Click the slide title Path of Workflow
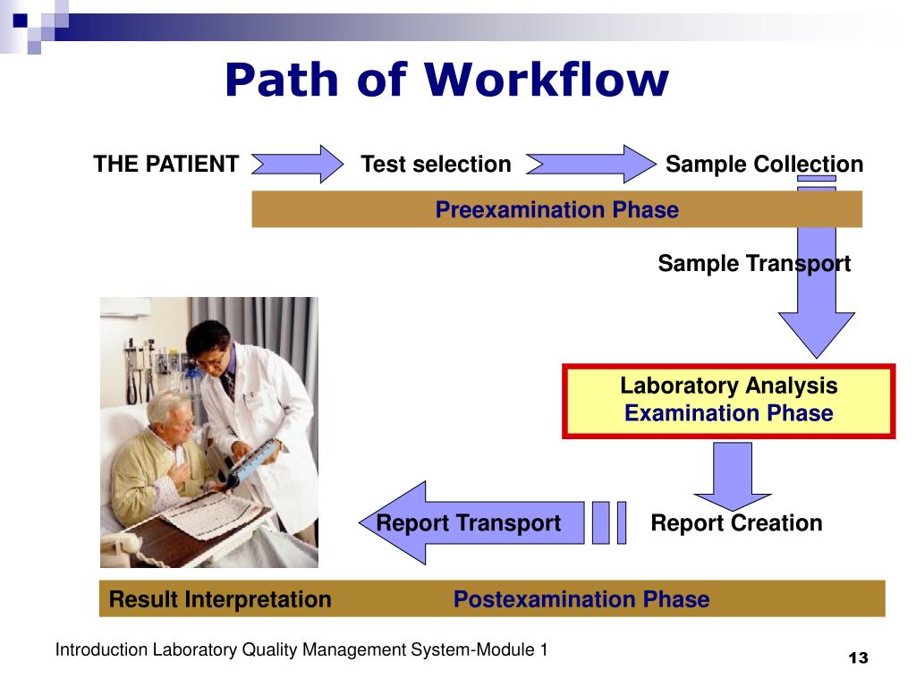(445, 81)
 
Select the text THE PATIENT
(166, 165)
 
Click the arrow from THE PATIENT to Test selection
(299, 165)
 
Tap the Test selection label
(436, 165)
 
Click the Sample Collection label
(764, 165)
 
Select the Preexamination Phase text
(556, 210)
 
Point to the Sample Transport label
(753, 264)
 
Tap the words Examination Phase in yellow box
(728, 414)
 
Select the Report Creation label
(735, 523)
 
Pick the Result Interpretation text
(219, 599)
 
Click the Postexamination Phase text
(581, 599)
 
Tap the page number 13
(858, 658)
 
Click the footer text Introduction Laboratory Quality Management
(301, 650)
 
